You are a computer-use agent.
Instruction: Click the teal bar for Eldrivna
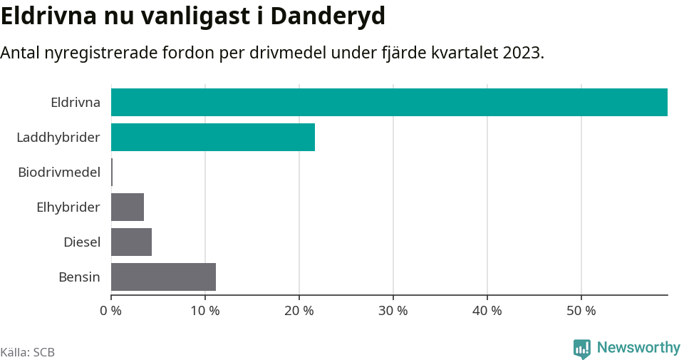[389, 102]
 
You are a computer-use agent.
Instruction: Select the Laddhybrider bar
[213, 137]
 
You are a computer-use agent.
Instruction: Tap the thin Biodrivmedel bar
[112, 172]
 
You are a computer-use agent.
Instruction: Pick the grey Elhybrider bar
[128, 207]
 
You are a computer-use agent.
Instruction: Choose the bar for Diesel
[132, 242]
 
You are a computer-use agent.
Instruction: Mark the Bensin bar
[163, 277]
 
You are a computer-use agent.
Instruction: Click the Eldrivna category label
[76, 103]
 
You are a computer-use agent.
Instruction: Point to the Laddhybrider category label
[58, 137]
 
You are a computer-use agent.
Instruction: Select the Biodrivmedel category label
[59, 172]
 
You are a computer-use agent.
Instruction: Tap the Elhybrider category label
[68, 207]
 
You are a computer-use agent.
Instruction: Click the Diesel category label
[82, 242]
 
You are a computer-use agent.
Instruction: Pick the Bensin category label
[79, 277]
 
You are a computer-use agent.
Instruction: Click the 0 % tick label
[111, 311]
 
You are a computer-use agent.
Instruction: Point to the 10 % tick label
[205, 311]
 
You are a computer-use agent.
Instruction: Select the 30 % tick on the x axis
[393, 311]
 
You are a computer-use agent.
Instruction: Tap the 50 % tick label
[581, 311]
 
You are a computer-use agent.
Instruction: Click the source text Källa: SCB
[28, 352]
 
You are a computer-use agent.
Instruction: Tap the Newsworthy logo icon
[582, 349]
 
